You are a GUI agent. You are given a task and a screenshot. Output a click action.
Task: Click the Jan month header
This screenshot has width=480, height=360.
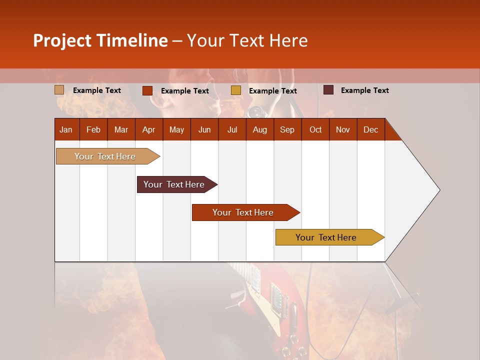coord(66,129)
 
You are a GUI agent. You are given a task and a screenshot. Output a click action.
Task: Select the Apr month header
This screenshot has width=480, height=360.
coord(148,129)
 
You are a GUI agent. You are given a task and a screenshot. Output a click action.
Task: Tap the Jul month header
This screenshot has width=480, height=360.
coord(232,129)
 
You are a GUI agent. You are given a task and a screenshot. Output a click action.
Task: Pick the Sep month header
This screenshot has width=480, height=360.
coord(287,129)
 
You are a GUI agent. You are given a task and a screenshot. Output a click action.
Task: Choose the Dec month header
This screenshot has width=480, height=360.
coord(370,129)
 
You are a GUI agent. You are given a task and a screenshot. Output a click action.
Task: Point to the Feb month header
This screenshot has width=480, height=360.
coord(93,129)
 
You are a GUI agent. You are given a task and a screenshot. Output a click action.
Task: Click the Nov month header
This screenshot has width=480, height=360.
coord(343,129)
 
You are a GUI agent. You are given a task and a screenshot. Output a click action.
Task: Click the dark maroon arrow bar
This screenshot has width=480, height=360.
coord(175,184)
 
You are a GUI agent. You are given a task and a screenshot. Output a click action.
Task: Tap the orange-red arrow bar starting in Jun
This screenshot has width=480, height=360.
coord(244,212)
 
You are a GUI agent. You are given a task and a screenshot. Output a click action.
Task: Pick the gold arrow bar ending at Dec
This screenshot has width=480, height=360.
coord(327,237)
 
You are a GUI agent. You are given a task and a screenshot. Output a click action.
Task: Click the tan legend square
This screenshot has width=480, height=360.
coord(59,90)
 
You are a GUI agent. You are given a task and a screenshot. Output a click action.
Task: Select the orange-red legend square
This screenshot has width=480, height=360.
coord(147,90)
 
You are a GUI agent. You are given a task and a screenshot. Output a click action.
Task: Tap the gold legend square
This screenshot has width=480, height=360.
coord(236,90)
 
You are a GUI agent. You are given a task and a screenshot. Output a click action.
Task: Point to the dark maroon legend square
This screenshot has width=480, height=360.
coord(328,90)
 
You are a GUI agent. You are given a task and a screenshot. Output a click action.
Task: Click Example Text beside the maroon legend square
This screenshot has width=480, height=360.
coord(364,90)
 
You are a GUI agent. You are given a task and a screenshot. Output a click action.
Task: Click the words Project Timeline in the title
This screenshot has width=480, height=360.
coord(100,40)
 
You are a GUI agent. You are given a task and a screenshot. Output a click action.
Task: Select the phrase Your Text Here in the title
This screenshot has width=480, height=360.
coord(247,40)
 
